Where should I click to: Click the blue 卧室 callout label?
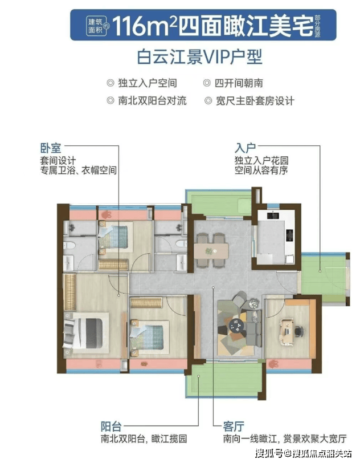coord(51,148)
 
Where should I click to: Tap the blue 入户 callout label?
coord(245,148)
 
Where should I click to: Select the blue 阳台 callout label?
coord(111,427)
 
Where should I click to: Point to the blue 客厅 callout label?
coord(234,427)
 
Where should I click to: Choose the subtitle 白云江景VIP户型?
coord(200,57)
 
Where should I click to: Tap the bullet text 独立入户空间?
coord(147,83)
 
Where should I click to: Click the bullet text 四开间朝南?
coord(239,83)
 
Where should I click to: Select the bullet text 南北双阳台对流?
coord(152,101)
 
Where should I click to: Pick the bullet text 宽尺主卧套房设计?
coord(255,101)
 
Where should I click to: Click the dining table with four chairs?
coord(211,250)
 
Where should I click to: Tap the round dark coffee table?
coord(236,326)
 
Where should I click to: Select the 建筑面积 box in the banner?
coord(96,26)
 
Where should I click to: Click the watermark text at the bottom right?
coord(304,453)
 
